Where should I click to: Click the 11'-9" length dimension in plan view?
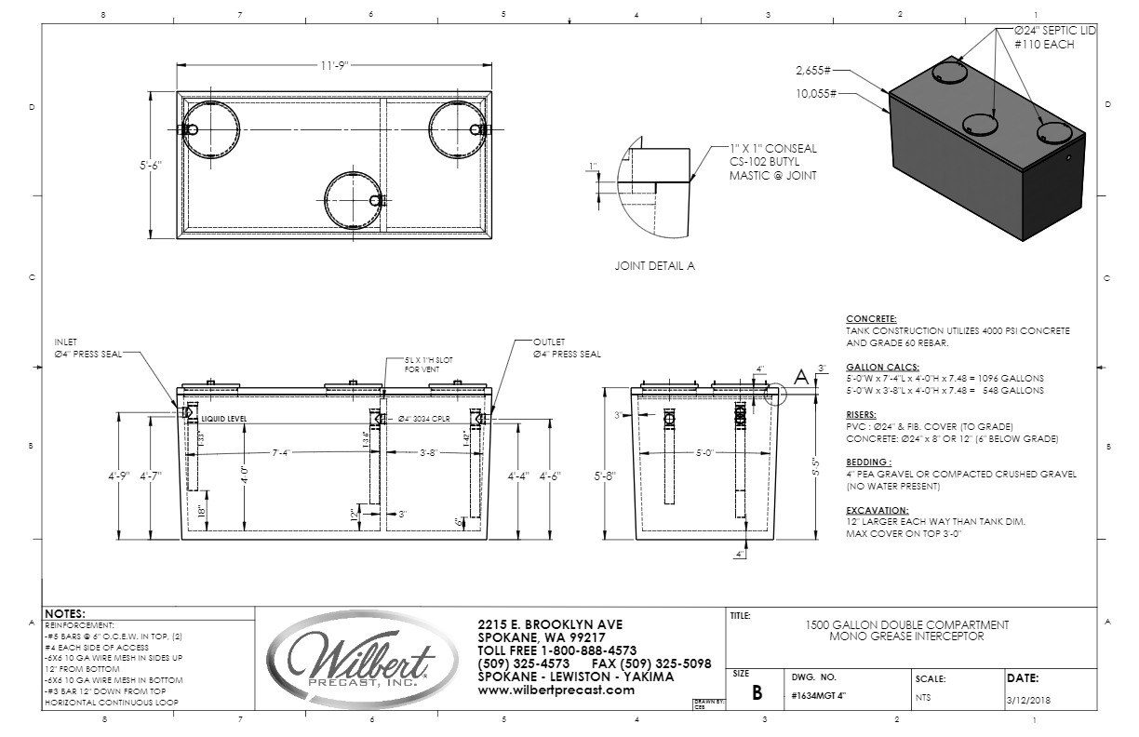[x=330, y=66]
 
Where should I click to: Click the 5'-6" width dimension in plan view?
[x=150, y=166]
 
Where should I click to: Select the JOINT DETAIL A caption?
[x=655, y=266]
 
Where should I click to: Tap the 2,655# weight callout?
[x=813, y=70]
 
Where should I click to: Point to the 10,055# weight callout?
[x=816, y=94]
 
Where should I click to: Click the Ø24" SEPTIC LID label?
[x=1055, y=31]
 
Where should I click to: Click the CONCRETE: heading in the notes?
[x=872, y=319]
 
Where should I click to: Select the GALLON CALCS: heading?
[x=882, y=367]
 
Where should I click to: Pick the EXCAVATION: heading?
[x=877, y=511]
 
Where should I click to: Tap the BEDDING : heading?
[x=867, y=462]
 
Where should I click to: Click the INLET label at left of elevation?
[x=66, y=342]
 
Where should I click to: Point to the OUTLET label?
[x=549, y=342]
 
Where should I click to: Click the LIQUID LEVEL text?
[x=223, y=421]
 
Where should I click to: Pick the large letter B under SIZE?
[x=757, y=693]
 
